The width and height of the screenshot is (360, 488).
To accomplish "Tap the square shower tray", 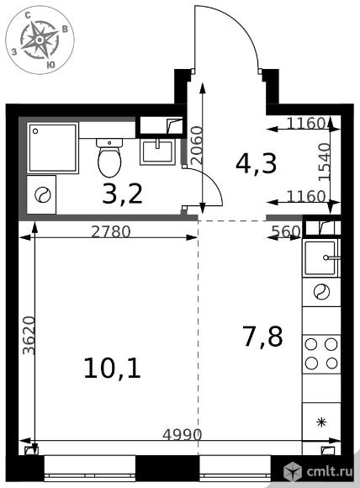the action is coord(53,148).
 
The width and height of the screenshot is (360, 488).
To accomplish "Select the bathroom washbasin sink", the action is coord(157,151).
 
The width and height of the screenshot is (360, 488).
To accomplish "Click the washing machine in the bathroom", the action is coord(41,195).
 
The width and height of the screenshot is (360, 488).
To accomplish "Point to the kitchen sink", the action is coord(321,258).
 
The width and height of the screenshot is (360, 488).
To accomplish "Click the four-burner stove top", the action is coord(321,353).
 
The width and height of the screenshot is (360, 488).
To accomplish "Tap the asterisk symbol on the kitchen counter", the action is coord(321,422).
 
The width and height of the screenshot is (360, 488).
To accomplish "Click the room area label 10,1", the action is coord(113,368).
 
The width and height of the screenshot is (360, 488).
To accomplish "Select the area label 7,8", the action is coord(263,336).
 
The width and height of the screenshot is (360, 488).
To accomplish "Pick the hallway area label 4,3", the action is coord(256,164).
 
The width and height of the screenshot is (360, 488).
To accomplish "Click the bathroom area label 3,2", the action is coord(123,194).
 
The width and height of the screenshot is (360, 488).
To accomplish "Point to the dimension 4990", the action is coord(183,434).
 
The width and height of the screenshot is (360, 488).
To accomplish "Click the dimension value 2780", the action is coord(111,232).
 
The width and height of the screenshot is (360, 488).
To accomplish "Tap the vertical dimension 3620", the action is coord(29,335).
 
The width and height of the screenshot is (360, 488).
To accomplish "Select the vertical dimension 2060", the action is coord(197,145).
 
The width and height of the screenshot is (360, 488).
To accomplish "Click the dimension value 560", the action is coord(286,231).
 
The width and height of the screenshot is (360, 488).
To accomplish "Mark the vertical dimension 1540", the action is coord(324,162).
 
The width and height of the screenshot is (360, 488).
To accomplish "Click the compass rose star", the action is coord(40,40).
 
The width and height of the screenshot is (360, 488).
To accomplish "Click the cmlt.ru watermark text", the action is coord(330,471).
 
